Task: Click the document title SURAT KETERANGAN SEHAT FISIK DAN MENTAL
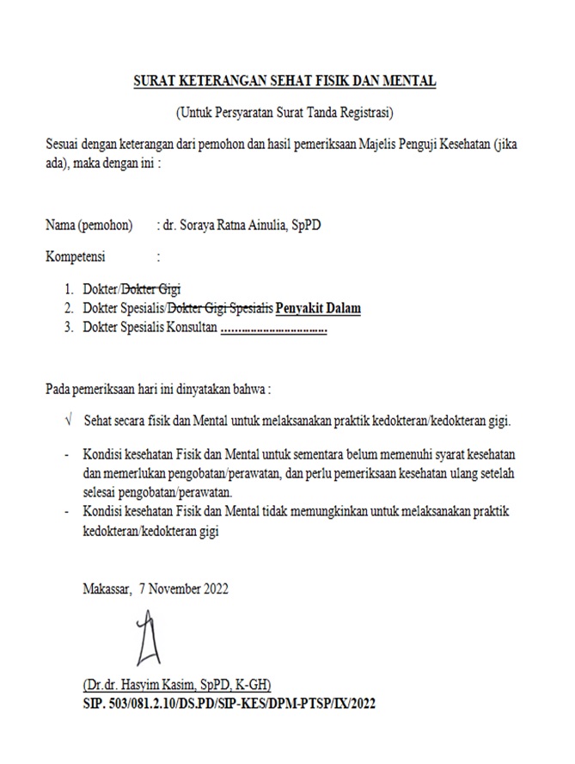pos(285,82)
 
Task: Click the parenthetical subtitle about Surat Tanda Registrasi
pos(284,112)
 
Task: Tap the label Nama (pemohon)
pos(89,226)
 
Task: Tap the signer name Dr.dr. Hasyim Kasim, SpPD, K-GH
pos(177,686)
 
